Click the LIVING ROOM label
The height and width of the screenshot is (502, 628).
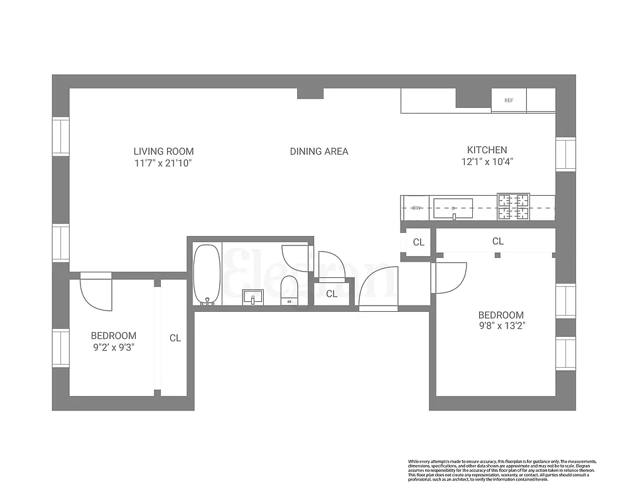(163, 151)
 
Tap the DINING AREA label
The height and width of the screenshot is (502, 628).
(319, 151)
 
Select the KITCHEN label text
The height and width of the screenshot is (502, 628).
(487, 150)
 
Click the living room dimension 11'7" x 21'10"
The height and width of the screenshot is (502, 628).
(163, 163)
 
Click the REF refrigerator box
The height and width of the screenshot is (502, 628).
(509, 100)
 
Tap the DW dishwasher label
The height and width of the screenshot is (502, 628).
(416, 208)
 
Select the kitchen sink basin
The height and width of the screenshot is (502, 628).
(453, 208)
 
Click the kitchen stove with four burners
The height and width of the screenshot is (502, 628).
(514, 207)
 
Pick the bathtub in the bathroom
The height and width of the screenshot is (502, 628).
(206, 274)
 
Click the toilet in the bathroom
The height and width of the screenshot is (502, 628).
(289, 289)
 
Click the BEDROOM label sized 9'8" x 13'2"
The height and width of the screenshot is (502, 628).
(501, 315)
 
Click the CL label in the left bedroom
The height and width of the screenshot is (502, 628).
(175, 338)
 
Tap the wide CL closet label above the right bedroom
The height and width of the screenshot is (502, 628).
(497, 241)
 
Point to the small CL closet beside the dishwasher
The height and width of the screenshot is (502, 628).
(418, 242)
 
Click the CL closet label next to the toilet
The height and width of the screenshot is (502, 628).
(332, 294)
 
